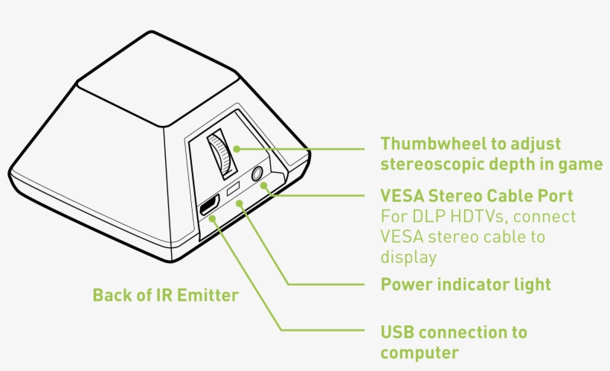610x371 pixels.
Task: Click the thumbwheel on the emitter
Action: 220,154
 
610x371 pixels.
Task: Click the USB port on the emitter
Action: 209,207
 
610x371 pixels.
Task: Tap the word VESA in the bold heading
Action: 402,196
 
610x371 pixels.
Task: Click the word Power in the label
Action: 405,284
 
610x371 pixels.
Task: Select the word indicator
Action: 473,284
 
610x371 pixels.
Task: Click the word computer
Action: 419,352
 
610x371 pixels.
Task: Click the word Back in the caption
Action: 111,296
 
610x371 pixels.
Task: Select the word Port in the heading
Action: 556,196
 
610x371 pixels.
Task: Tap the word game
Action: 583,164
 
